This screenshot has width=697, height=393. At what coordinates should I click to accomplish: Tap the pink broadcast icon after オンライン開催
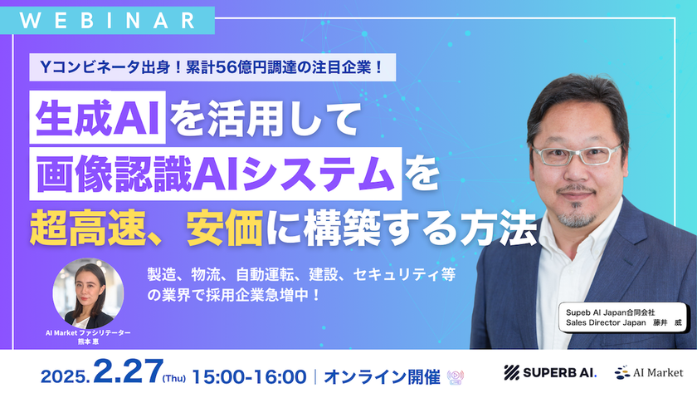[x=456, y=373]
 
